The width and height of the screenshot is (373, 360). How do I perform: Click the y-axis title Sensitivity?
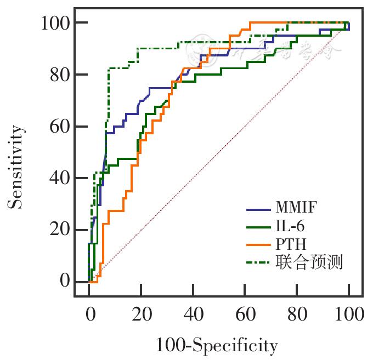tap(17, 167)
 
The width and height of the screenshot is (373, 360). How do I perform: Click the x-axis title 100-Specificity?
tap(217, 345)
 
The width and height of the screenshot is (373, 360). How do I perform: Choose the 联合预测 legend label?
tap(310, 262)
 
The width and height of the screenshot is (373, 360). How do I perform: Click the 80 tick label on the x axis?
tap(297, 314)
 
